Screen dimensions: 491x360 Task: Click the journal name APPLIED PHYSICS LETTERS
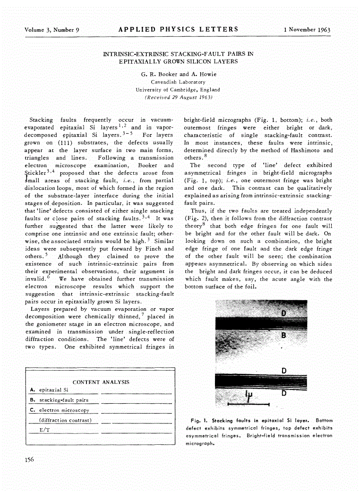179,29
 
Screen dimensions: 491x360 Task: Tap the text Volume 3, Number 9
51,30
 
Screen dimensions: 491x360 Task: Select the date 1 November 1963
307,30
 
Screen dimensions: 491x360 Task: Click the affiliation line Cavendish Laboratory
178,82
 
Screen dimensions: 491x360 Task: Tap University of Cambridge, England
178,89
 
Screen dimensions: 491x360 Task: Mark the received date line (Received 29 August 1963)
178,97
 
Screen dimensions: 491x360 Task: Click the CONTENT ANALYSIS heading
101,382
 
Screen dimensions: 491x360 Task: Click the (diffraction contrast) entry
65,420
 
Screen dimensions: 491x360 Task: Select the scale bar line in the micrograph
249,405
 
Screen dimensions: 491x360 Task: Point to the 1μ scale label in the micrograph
250,396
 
